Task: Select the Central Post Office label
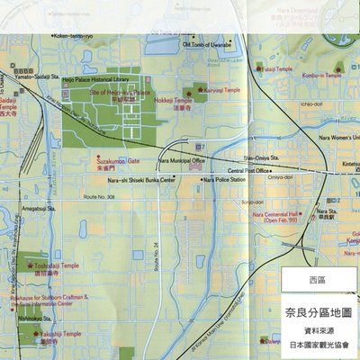coord(247,170)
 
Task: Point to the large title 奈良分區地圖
coord(317,312)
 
